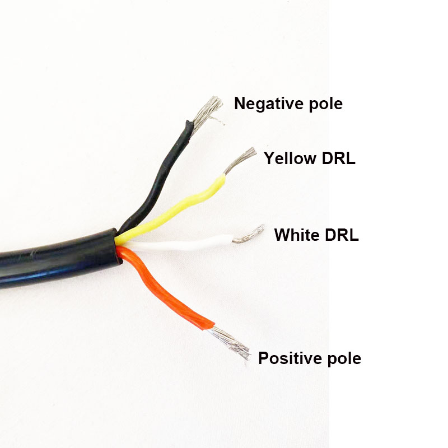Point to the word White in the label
click(296, 235)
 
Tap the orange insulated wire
click(168, 291)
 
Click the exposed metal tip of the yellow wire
click(238, 161)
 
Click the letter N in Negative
click(240, 104)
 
